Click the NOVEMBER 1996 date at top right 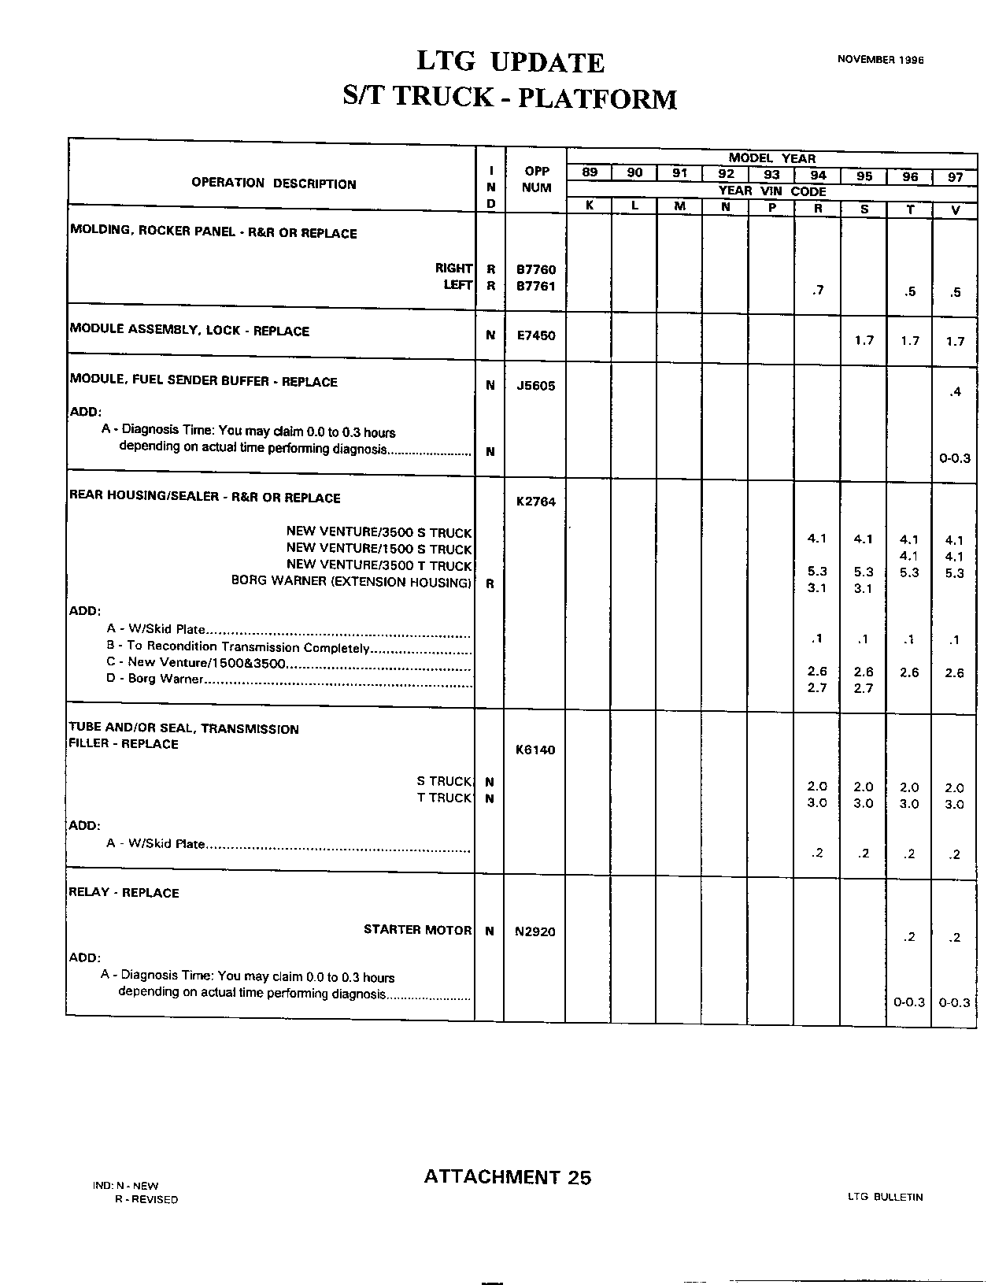tap(880, 59)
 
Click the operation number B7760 tap(535, 269)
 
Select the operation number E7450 tap(535, 335)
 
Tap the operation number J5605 tap(535, 386)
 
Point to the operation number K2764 tap(535, 502)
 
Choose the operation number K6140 tap(535, 750)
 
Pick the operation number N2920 tap(535, 931)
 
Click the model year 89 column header tap(589, 173)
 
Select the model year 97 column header tap(955, 176)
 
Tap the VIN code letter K tap(589, 206)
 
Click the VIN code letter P tap(772, 207)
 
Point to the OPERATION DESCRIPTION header tap(273, 183)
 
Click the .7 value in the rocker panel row tap(817, 291)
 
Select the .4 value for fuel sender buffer tap(955, 391)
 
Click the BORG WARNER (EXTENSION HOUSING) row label tap(351, 581)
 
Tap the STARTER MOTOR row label tap(417, 930)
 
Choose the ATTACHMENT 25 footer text tap(507, 1177)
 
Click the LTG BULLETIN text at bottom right tap(885, 1197)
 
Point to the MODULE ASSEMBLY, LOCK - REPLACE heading tap(189, 330)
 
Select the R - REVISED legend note tap(146, 1199)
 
